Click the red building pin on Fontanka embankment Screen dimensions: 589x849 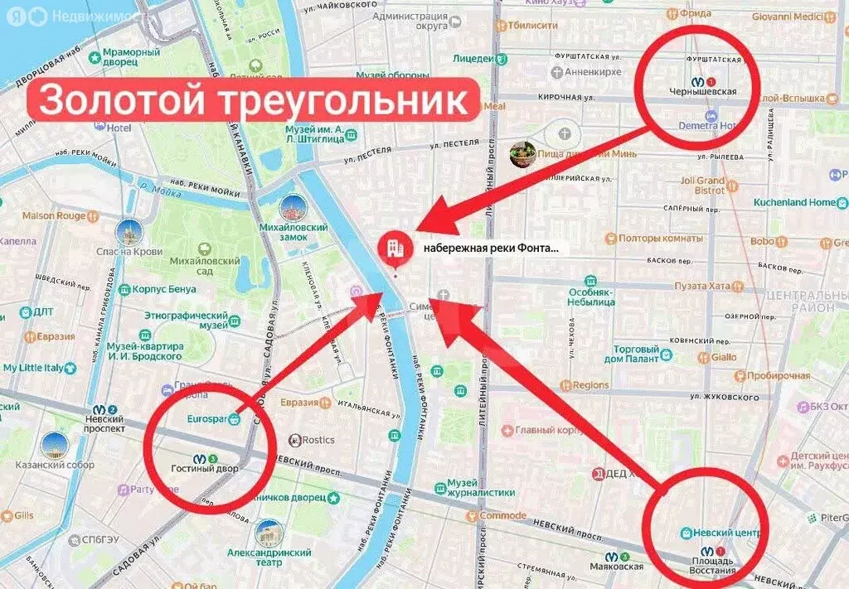pyautogui.click(x=395, y=248)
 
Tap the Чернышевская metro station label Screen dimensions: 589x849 pyautogui.click(x=702, y=91)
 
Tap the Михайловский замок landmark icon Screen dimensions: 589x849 pyautogui.click(x=293, y=208)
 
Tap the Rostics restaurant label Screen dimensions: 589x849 pyautogui.click(x=318, y=439)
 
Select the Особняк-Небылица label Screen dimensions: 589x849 pyautogui.click(x=590, y=297)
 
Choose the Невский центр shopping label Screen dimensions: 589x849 pyautogui.click(x=719, y=533)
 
